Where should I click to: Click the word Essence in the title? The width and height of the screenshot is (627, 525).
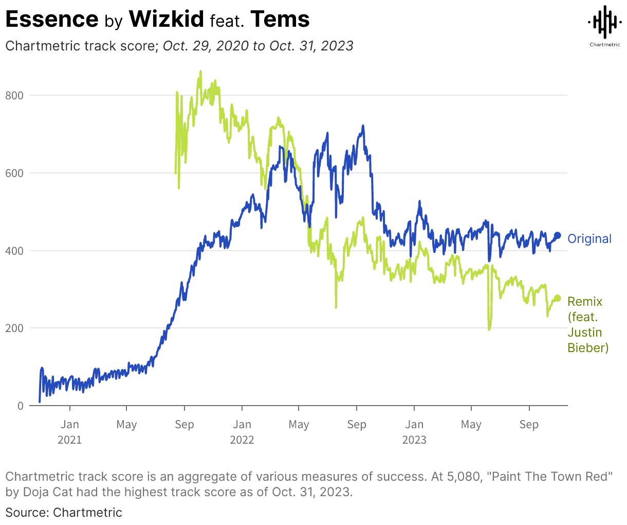(x=51, y=20)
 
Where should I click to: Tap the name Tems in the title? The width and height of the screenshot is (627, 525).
(x=280, y=20)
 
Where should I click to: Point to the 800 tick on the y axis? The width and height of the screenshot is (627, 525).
(x=14, y=95)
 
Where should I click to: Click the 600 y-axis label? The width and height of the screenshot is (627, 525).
(x=14, y=173)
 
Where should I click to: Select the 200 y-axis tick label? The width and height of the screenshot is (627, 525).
(x=14, y=328)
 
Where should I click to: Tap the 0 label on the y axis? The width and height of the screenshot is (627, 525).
(x=21, y=406)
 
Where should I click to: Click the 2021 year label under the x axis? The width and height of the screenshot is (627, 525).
(x=69, y=440)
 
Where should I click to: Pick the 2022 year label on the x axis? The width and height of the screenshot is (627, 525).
(x=242, y=440)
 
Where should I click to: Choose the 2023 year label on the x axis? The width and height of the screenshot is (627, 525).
(x=414, y=440)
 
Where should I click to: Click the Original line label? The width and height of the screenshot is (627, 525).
(x=589, y=239)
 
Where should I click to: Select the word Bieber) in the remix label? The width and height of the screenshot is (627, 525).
(x=588, y=348)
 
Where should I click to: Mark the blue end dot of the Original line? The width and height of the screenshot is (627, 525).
(x=557, y=236)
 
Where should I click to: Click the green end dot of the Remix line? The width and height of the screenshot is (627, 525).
(x=557, y=299)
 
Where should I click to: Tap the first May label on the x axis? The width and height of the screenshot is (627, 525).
(x=126, y=425)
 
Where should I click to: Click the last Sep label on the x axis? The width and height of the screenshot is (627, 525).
(x=529, y=425)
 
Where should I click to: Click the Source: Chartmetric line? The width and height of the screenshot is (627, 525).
(x=64, y=513)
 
